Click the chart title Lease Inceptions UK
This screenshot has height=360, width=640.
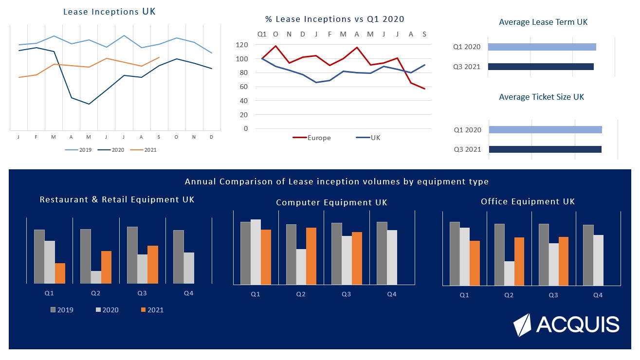tap(110, 12)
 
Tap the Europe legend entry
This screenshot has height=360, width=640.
tap(311, 138)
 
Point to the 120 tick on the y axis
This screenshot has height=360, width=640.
tap(242, 45)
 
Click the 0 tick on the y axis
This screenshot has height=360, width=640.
tap(245, 129)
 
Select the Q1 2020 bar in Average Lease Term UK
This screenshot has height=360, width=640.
tap(542, 47)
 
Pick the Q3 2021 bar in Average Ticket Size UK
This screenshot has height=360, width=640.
tap(545, 149)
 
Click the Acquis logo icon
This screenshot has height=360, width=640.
tap(523, 325)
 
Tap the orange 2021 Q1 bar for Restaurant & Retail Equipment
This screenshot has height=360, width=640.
tap(60, 273)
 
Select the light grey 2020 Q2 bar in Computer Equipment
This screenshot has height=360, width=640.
tap(301, 267)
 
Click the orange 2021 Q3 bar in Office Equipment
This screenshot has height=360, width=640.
tap(564, 261)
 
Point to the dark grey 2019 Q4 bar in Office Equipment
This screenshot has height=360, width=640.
tap(588, 255)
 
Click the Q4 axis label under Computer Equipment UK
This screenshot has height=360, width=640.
tap(392, 294)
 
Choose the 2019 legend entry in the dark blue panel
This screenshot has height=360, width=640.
tap(62, 310)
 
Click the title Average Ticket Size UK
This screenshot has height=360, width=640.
tap(541, 97)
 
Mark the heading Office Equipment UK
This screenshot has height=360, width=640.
tap(528, 201)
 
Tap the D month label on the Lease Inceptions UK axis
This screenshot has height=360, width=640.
tap(211, 138)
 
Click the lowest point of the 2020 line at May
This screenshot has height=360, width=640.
tap(89, 104)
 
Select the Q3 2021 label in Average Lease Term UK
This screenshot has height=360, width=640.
tap(467, 67)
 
